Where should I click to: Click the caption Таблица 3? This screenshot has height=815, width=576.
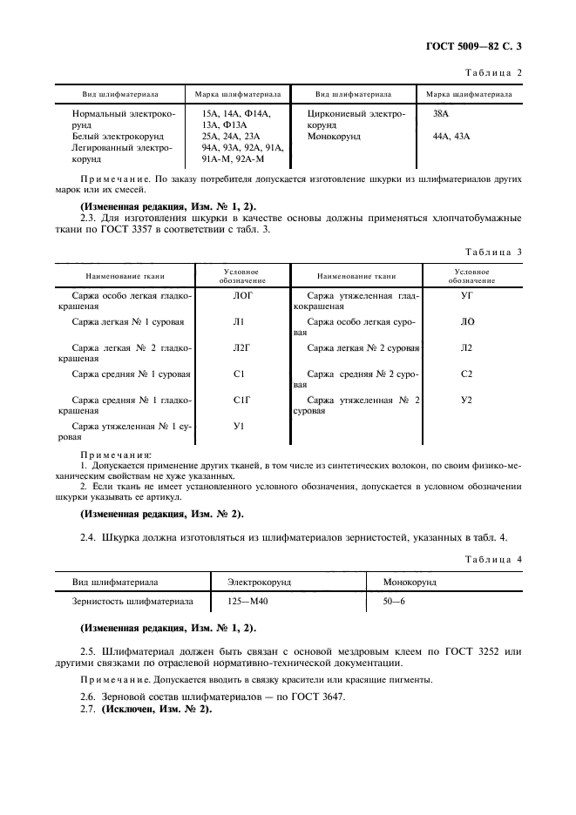pyautogui.click(x=493, y=252)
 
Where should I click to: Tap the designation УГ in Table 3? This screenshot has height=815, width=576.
pyautogui.click(x=466, y=296)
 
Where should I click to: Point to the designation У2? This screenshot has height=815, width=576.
pyautogui.click(x=466, y=400)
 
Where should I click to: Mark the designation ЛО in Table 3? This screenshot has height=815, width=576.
pyautogui.click(x=467, y=322)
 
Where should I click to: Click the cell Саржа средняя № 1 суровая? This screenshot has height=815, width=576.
pyautogui.click(x=132, y=374)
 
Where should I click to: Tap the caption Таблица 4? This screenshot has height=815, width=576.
pyautogui.click(x=493, y=557)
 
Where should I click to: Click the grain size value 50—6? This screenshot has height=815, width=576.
pyautogui.click(x=395, y=602)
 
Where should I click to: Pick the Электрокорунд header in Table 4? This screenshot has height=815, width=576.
pyautogui.click(x=259, y=580)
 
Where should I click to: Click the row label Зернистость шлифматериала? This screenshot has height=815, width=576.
pyautogui.click(x=132, y=602)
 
